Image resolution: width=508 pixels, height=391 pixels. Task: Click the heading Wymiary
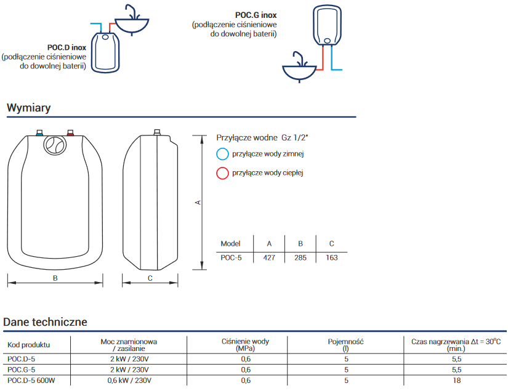tap(28, 108)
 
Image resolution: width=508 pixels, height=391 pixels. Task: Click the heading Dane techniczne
tap(45, 321)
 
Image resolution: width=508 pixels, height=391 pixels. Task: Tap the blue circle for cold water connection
tap(223, 154)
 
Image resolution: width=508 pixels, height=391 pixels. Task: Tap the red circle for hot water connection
tap(223, 173)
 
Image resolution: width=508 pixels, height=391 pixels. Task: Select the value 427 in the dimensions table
tap(268, 258)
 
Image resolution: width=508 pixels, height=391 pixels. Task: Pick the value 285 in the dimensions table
tap(300, 258)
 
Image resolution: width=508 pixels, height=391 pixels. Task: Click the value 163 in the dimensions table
tap(331, 258)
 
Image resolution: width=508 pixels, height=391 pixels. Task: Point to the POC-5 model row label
tap(231, 258)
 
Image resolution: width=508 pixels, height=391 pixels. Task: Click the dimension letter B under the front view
tap(55, 278)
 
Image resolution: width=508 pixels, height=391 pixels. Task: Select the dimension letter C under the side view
tap(150, 278)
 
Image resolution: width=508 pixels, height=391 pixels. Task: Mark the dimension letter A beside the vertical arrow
tap(198, 202)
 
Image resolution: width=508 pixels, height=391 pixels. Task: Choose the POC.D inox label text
tap(66, 47)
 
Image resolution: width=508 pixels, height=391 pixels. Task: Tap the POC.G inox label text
tap(256, 15)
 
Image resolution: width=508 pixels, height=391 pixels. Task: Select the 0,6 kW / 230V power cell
tap(129, 380)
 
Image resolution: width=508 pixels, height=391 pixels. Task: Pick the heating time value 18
tap(456, 380)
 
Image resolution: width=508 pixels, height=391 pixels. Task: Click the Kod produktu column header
tap(28, 345)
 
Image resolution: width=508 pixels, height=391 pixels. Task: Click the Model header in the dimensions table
tap(230, 243)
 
